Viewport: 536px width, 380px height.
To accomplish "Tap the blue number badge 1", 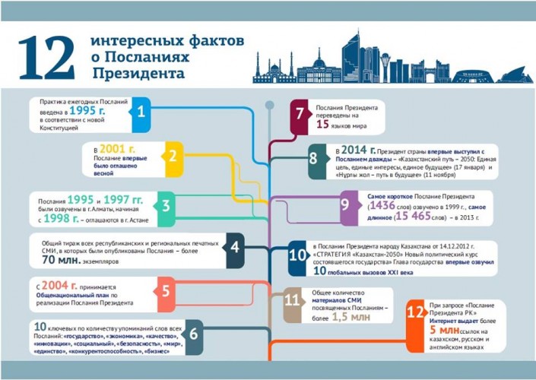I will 141,115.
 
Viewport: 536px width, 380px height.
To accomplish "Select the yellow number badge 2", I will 173,157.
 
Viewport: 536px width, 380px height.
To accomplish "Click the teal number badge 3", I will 165,205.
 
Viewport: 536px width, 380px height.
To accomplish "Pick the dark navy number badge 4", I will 236,247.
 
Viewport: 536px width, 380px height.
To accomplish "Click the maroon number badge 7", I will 300,115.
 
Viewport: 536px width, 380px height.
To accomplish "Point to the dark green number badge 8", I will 313,160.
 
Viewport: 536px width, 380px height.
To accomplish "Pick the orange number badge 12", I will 415,312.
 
